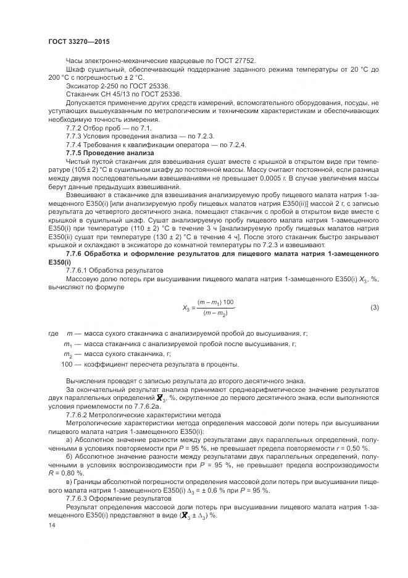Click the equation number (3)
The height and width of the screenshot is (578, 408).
[x=374, y=307]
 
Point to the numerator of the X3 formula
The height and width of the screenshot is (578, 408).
[x=216, y=302]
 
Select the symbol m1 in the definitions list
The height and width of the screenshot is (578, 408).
[x=68, y=344]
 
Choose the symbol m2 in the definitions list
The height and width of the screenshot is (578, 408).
[x=68, y=354]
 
